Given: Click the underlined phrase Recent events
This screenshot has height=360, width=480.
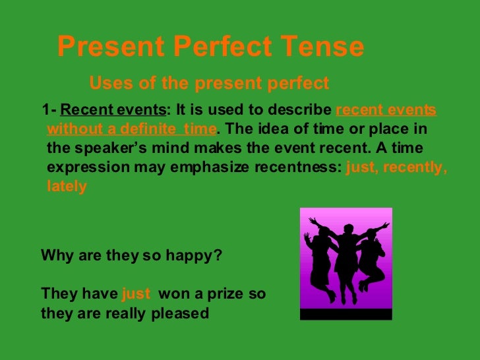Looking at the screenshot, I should pos(113,109).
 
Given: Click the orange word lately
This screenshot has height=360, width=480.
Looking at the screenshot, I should pos(67,187).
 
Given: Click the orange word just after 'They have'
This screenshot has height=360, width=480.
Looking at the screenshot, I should pos(136,293).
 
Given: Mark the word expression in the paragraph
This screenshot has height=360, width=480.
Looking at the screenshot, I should pos(85,167).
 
